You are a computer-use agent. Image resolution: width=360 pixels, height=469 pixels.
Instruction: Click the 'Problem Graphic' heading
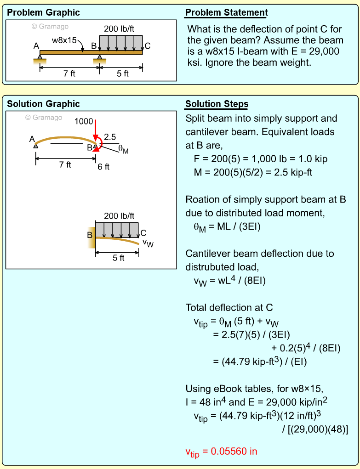tap(43, 12)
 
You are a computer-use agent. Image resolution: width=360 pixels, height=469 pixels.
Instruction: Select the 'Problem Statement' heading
tap(226, 12)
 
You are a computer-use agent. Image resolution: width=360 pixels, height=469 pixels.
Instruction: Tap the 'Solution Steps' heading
tap(217, 104)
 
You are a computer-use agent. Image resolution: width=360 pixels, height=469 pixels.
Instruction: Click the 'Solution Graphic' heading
tap(43, 104)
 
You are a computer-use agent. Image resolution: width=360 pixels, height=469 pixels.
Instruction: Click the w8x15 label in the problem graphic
tap(64, 40)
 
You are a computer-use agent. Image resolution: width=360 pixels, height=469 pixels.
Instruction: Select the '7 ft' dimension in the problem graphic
tap(69, 73)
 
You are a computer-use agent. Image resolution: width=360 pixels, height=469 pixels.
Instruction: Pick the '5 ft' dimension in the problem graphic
tap(122, 73)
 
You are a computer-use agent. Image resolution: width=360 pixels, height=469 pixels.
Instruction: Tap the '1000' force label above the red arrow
tap(83, 121)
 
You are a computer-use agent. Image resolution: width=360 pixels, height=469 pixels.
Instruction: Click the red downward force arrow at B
tap(95, 130)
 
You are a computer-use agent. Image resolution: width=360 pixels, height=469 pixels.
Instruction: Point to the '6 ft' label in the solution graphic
tap(103, 167)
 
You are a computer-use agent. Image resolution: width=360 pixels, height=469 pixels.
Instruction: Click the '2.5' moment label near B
tap(110, 136)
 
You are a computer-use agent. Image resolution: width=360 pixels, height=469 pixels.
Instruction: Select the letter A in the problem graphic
tap(36, 46)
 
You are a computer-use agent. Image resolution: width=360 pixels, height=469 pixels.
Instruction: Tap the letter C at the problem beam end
tap(147, 45)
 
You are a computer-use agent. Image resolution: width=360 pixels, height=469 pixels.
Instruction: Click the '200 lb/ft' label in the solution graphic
tap(119, 215)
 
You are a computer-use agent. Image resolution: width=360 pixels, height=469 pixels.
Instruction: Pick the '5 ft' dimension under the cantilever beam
tap(119, 258)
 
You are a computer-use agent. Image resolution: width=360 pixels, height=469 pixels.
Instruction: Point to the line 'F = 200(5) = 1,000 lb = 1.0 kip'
tap(261, 159)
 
